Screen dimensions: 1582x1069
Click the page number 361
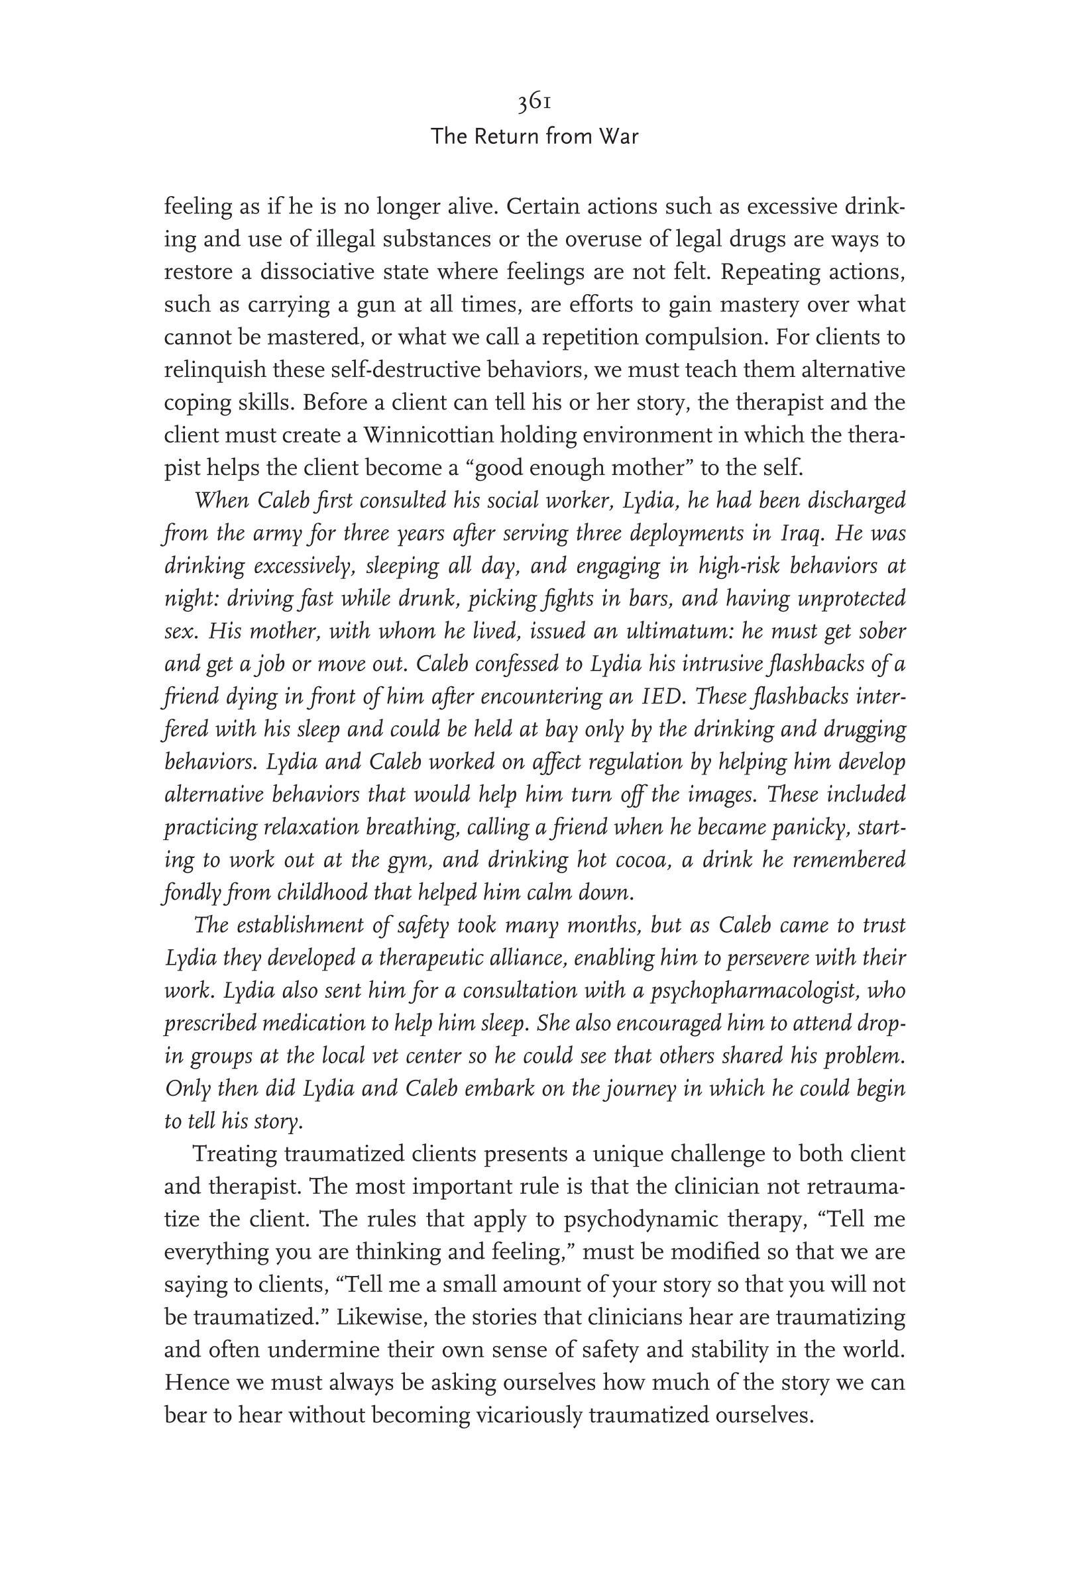534,102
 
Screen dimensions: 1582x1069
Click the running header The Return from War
534,137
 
